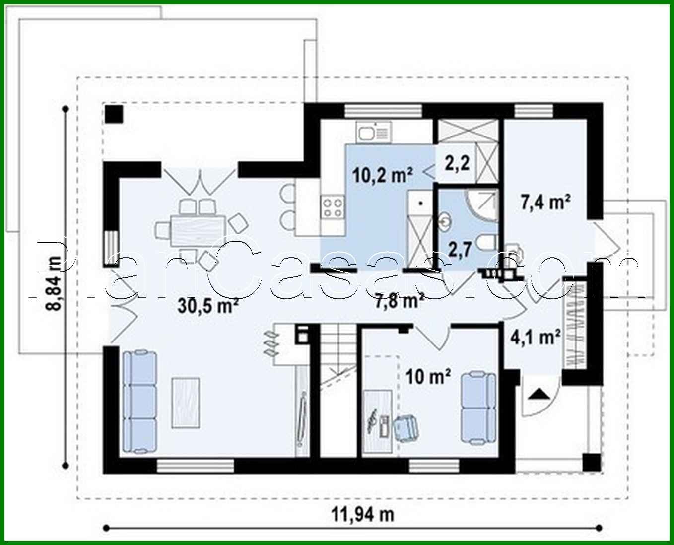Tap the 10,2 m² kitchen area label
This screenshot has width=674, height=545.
click(383, 175)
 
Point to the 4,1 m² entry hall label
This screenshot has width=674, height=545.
click(536, 338)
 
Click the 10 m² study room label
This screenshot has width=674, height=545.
click(428, 377)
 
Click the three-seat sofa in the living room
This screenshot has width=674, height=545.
click(139, 402)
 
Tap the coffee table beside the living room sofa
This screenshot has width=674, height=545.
click(186, 402)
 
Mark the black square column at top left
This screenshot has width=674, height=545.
click(114, 114)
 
